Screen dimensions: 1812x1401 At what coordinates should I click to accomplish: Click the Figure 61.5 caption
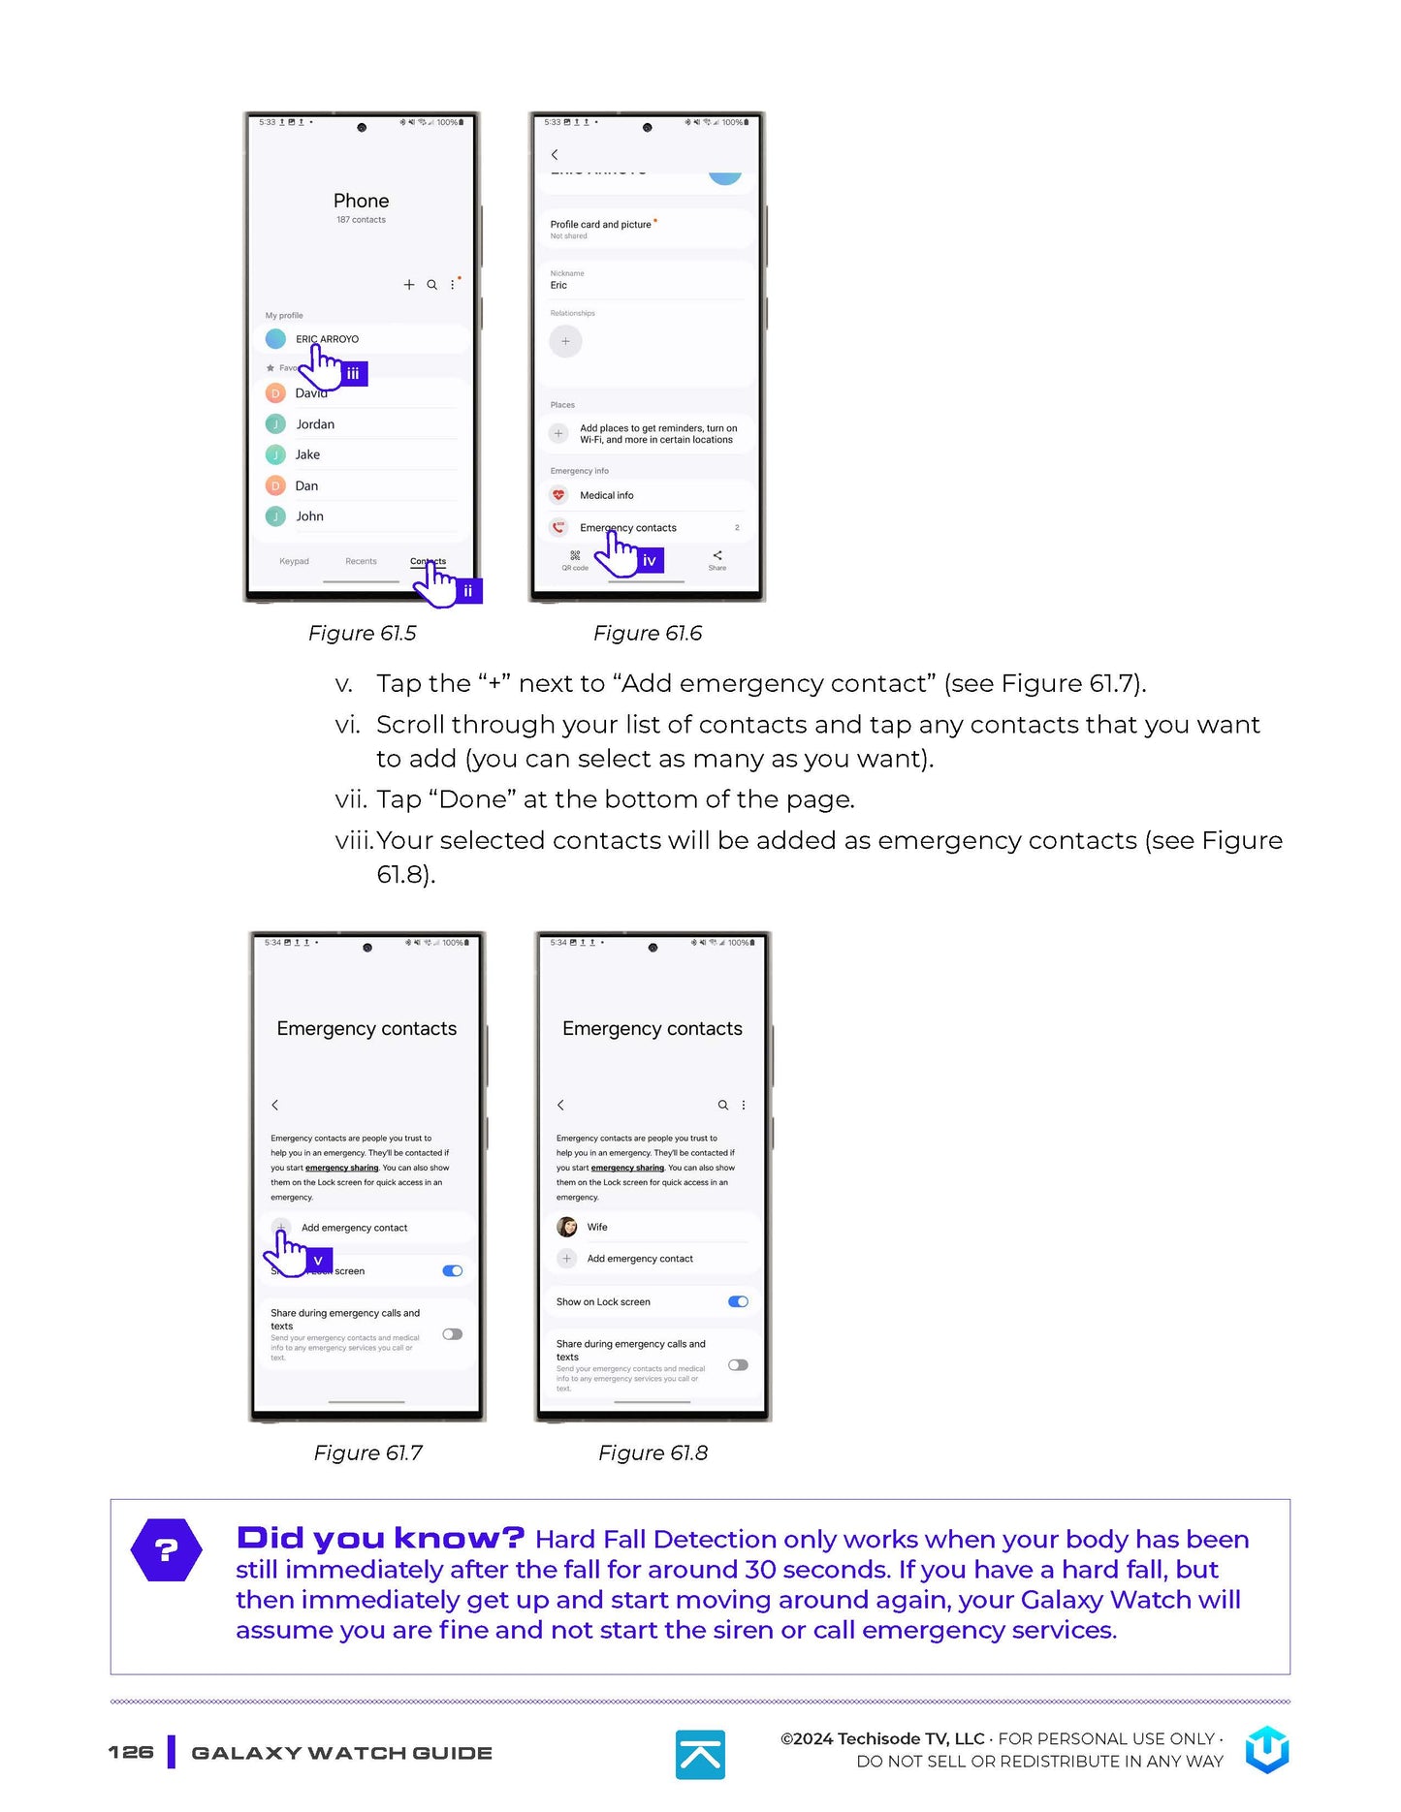[362, 634]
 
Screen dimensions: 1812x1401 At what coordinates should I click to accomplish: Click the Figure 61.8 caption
[653, 1453]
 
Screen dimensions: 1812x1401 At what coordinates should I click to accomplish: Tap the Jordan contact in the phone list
[315, 424]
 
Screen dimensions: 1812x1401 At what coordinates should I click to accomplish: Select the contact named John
[309, 516]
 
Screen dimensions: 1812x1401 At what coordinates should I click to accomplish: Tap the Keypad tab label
[294, 562]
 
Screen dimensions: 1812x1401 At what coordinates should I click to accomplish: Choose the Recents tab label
[361, 562]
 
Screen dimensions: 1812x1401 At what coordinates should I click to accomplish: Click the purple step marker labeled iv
[650, 560]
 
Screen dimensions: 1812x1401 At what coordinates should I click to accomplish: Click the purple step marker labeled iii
[353, 373]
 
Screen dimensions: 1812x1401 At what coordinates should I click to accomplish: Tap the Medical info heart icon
[558, 495]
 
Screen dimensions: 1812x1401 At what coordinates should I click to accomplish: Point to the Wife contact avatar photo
[567, 1227]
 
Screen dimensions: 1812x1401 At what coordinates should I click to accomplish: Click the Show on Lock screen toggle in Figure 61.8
[738, 1301]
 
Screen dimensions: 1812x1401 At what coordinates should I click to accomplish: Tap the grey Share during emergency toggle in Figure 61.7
[452, 1334]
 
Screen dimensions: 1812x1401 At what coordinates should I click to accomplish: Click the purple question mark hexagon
[167, 1549]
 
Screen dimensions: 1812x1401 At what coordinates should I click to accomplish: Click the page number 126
[131, 1752]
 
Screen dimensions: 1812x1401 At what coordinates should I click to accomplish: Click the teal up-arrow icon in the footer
[700, 1754]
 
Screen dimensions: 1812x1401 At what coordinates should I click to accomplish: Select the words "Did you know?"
[380, 1538]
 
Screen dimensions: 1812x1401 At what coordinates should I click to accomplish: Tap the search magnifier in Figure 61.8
[722, 1105]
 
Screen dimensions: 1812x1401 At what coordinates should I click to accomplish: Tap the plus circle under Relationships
[565, 341]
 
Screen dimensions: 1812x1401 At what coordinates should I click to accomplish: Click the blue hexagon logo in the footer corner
[1267, 1750]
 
